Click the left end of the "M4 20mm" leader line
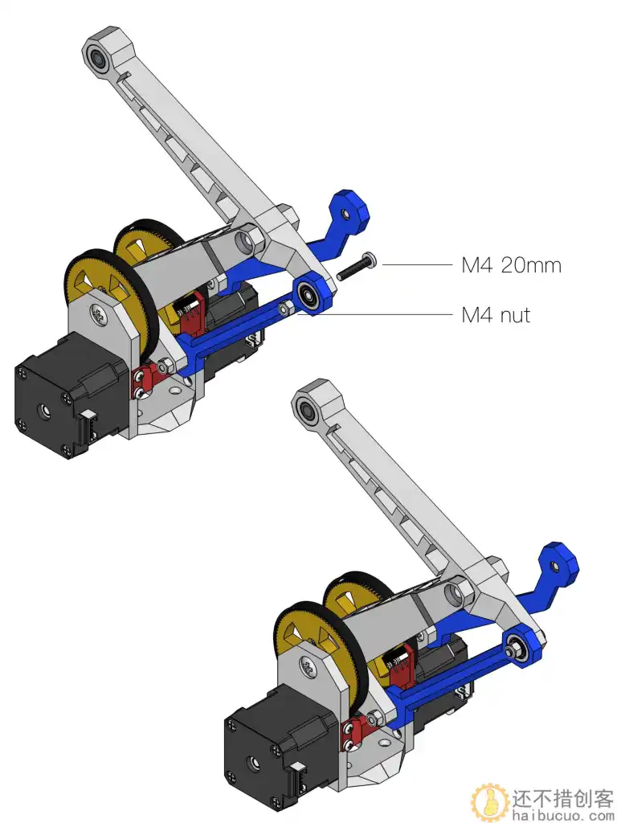pos(383,264)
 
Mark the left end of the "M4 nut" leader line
pos(297,315)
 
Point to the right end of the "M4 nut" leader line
pos(452,315)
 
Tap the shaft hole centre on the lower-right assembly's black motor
pos(255,762)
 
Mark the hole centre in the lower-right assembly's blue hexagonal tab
pos(554,566)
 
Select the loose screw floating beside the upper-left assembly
pos(356,266)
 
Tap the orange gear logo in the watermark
pos(490,803)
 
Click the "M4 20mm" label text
pos(512,265)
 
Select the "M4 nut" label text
pos(496,315)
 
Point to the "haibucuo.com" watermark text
pos(562,817)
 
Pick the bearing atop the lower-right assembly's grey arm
pos(306,407)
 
